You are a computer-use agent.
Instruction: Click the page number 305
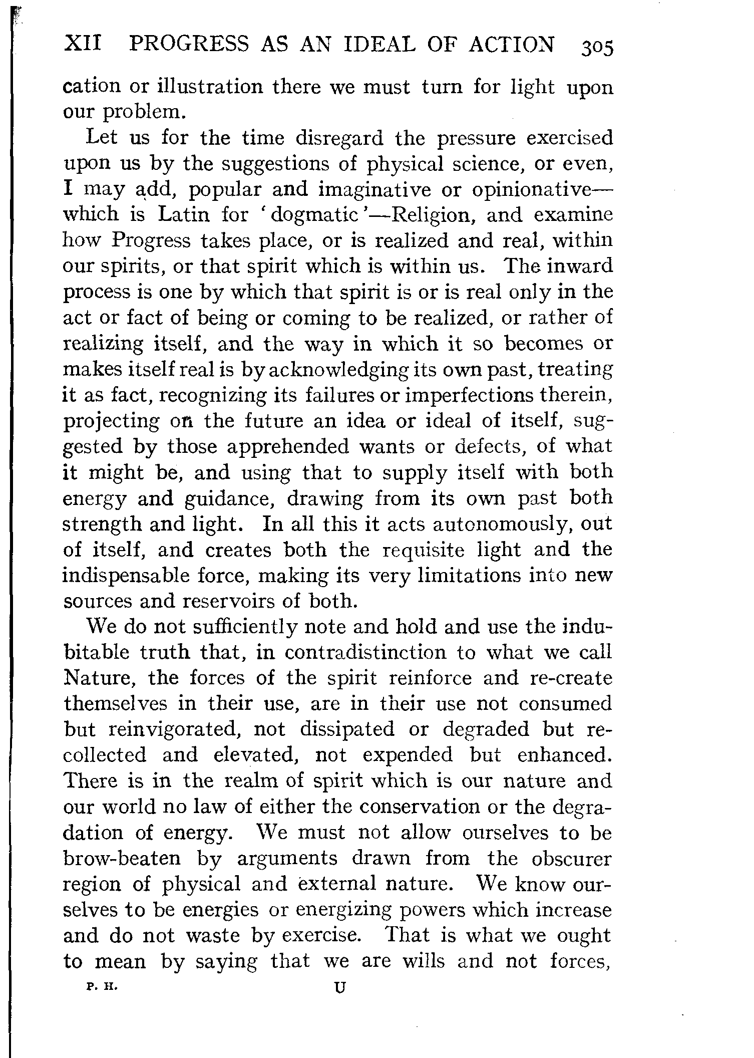pos(596,49)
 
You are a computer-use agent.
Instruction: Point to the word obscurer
pos(571,859)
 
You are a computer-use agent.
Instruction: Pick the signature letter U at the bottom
pos(340,987)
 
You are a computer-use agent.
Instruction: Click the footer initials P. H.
pos(101,986)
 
